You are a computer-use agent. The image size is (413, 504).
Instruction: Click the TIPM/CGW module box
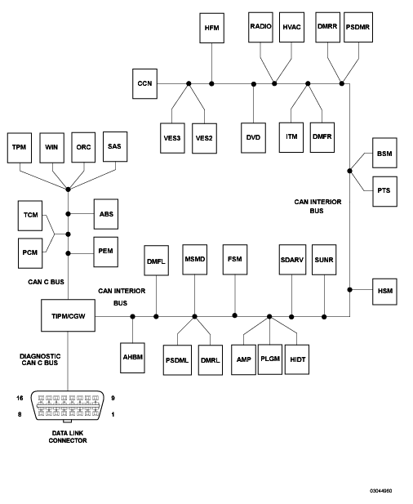click(x=68, y=315)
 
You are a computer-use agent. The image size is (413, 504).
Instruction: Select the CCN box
click(x=144, y=83)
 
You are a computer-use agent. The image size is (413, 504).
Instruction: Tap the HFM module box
click(x=212, y=28)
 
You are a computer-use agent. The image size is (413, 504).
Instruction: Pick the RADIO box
click(x=260, y=27)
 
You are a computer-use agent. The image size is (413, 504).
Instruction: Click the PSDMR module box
click(x=358, y=27)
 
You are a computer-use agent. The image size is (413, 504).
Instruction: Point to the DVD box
click(x=253, y=137)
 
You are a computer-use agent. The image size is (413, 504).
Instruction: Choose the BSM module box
click(x=384, y=153)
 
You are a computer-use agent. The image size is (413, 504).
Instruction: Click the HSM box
click(x=384, y=292)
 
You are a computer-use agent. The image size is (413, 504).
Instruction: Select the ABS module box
click(x=106, y=214)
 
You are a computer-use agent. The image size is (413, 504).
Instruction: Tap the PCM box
click(x=30, y=253)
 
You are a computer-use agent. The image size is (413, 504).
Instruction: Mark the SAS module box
click(x=115, y=146)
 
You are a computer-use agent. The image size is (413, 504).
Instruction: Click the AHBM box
click(x=133, y=358)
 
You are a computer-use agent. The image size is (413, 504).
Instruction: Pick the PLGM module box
click(x=270, y=359)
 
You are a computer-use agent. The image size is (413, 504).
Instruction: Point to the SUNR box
click(x=324, y=260)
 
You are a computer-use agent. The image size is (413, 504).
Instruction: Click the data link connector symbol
click(x=68, y=407)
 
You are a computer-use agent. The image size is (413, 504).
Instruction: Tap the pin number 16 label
click(x=20, y=398)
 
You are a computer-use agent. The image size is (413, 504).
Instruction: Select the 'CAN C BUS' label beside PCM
click(x=46, y=282)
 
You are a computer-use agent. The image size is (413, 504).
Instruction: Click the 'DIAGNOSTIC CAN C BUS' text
click(x=40, y=359)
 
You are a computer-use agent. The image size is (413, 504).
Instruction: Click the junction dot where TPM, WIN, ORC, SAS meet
click(x=68, y=190)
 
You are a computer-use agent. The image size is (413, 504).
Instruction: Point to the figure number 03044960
click(x=381, y=491)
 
